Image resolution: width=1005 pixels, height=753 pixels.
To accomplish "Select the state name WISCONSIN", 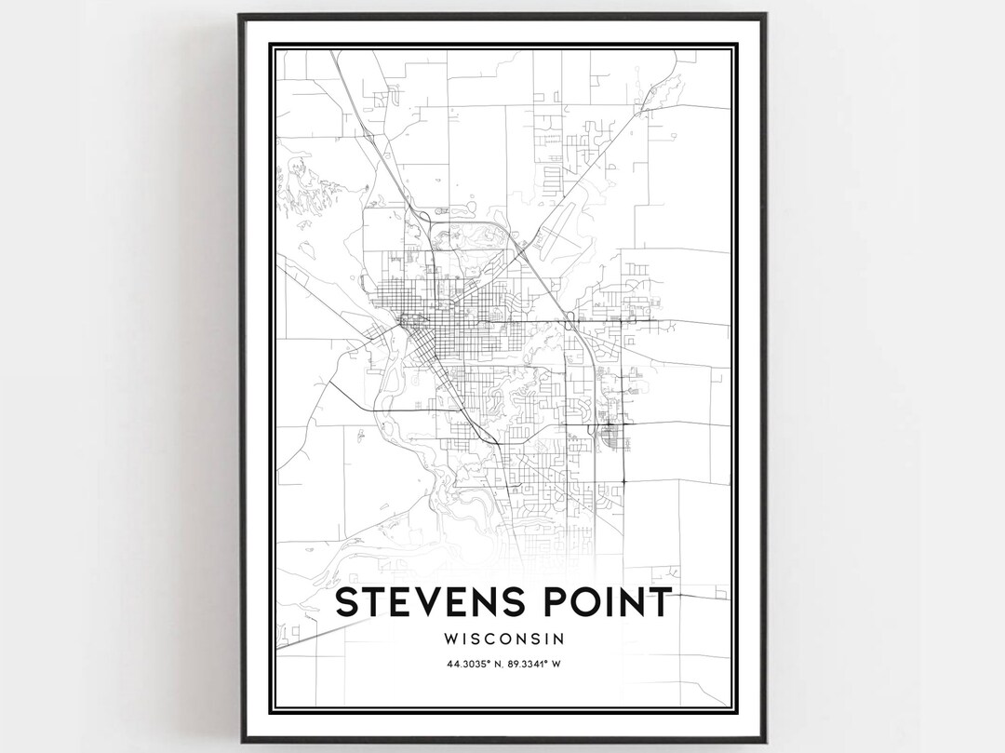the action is coord(502,639).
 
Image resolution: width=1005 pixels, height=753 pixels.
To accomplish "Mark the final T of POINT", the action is coord(656,602).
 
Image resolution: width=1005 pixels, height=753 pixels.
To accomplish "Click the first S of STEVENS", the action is coord(347,602).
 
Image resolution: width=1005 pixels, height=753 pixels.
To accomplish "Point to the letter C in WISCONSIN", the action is coord(494,639).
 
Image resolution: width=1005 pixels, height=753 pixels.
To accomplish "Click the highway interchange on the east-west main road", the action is coord(569,323).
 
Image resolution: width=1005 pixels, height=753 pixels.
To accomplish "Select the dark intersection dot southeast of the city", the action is coord(623,481).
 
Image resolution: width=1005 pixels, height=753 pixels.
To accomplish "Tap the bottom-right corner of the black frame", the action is coord(765,741).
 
